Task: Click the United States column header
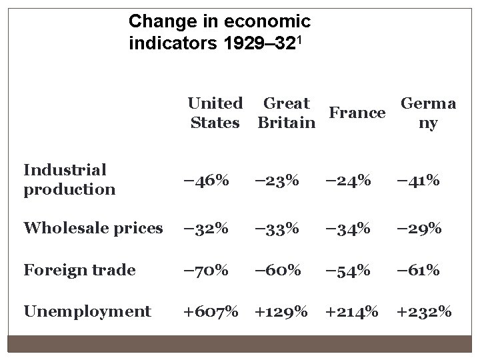215,113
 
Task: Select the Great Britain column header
286,113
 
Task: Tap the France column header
357,113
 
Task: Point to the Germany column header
427,113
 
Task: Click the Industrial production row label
69,179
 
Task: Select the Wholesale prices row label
93,228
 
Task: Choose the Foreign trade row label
79,270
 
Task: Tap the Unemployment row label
87,311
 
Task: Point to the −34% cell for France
347,229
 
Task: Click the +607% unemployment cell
211,312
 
